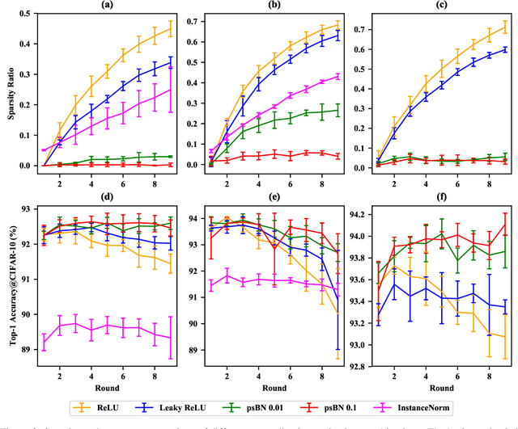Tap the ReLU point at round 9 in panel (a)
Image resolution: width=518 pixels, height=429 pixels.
[170, 29]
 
